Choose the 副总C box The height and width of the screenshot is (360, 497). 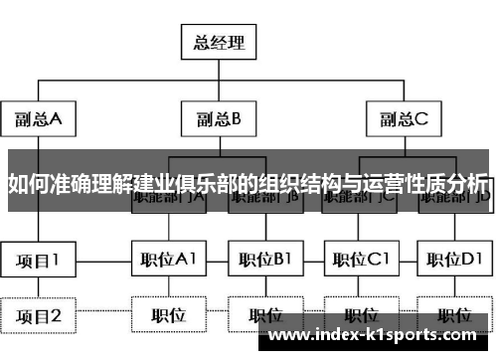(402, 118)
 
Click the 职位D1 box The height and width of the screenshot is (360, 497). (454, 261)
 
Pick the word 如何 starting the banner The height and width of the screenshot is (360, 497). (27, 184)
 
